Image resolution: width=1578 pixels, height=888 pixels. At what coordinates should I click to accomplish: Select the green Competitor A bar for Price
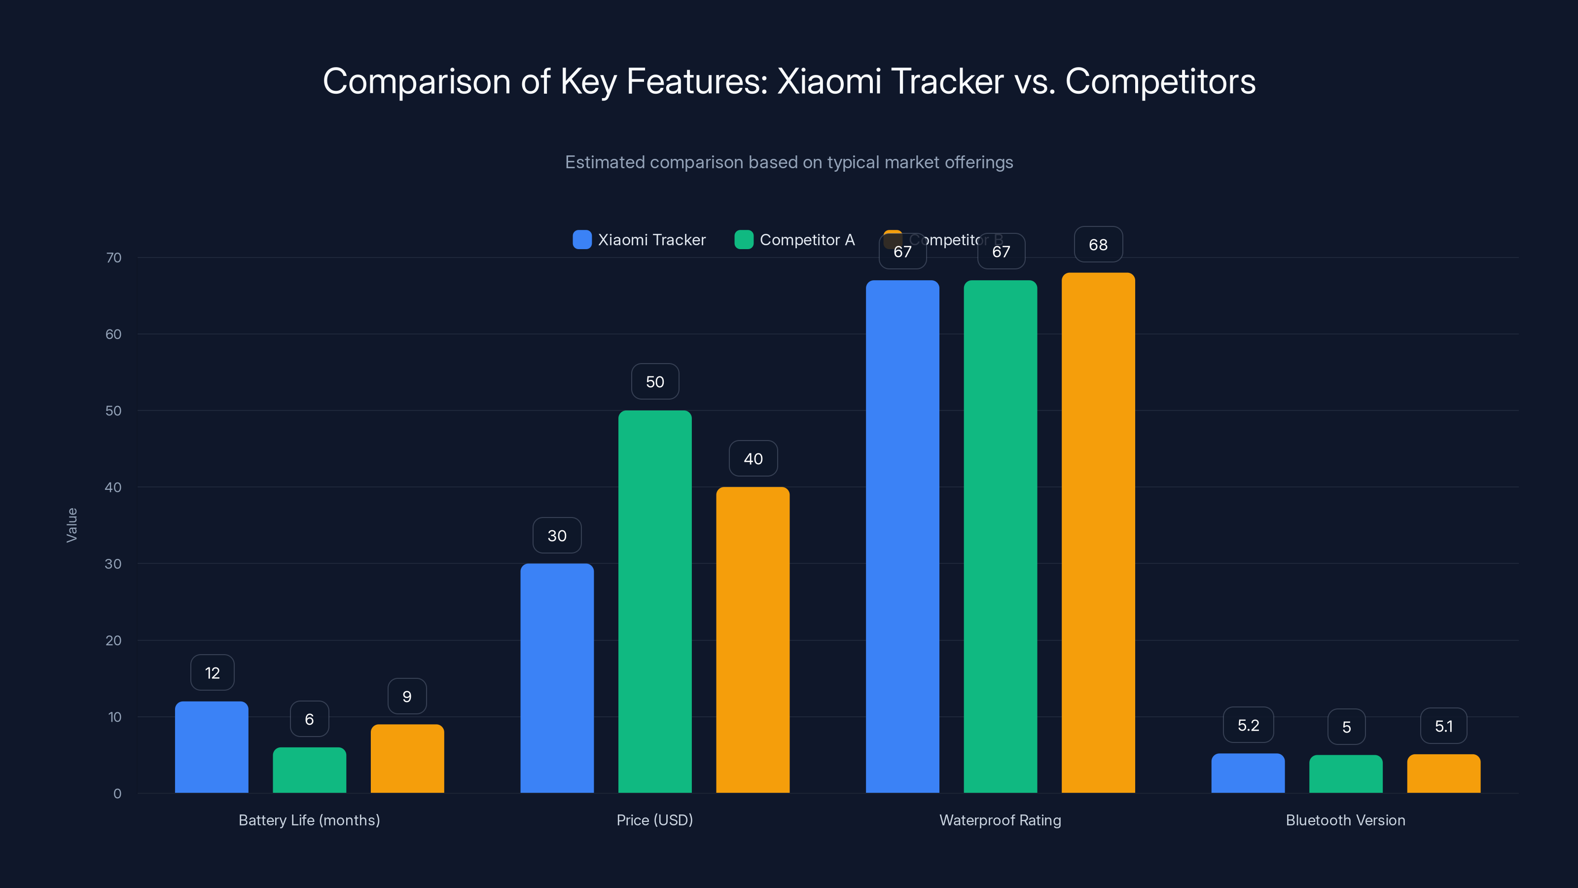pos(655,600)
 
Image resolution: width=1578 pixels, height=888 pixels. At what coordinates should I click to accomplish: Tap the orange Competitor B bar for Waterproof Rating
pos(1098,533)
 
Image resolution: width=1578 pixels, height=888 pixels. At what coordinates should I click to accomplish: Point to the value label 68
pos(1098,245)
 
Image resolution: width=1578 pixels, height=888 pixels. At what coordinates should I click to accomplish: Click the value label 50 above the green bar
pos(655,382)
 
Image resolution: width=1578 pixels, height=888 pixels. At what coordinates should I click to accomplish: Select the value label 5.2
pos(1248,725)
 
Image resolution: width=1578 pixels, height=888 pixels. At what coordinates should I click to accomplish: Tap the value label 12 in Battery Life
pos(212,673)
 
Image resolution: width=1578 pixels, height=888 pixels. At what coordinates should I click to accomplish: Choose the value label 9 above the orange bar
pos(407,696)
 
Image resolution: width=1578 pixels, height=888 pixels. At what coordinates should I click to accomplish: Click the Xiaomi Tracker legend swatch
pos(581,240)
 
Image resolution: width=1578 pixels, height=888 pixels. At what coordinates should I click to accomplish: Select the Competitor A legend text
pos(807,240)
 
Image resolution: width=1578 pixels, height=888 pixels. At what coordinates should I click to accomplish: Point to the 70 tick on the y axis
pos(114,258)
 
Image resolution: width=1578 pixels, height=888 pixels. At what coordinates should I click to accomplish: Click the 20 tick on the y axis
pos(113,640)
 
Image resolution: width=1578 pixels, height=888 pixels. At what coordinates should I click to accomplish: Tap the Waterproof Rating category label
pos(1000,820)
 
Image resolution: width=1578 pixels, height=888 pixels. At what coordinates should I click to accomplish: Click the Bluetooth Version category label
pos(1345,820)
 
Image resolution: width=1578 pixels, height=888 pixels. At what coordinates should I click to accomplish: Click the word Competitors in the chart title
pos(1160,81)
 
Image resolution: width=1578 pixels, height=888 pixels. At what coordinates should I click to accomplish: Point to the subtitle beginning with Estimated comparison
pos(789,162)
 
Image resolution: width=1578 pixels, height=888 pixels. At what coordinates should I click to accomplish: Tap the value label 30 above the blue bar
pos(557,536)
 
